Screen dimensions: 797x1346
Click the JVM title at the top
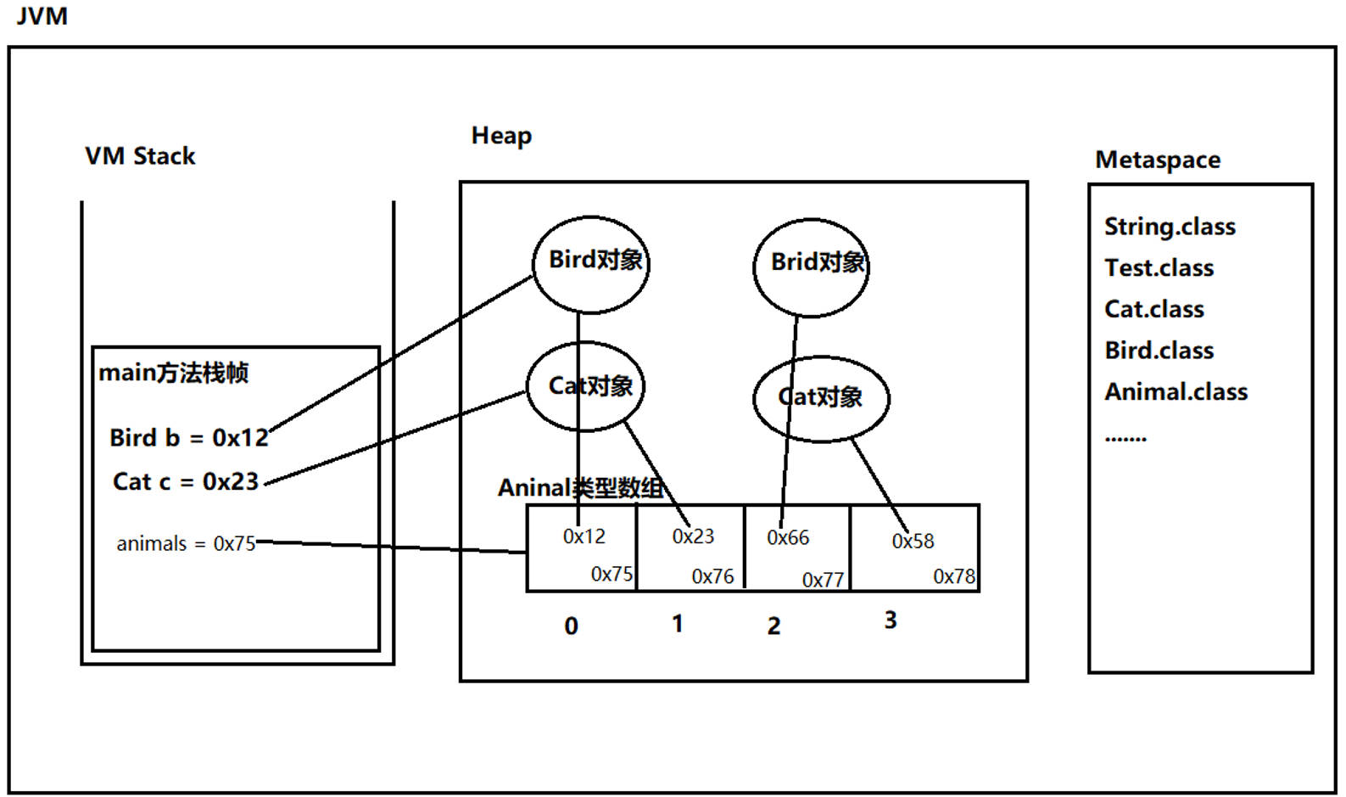42,15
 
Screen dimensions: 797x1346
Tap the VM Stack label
140,156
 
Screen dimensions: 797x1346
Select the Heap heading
501,136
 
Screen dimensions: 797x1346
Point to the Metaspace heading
1158,160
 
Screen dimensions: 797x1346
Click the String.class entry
1170,227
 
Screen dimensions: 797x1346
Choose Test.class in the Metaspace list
1159,268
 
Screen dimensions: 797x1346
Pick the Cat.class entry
1153,309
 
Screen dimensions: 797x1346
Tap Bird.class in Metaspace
1159,351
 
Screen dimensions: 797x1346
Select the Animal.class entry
1176,392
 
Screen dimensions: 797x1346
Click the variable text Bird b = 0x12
188,438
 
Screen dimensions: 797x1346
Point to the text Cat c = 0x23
185,482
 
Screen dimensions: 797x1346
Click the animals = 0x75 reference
186,544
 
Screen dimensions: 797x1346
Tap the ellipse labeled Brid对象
812,267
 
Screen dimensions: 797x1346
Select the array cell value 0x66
788,538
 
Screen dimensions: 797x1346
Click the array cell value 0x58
913,542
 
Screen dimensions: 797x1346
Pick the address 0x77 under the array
823,580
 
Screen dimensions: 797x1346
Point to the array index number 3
890,620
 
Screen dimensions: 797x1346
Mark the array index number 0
571,626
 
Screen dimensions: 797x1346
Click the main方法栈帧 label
173,373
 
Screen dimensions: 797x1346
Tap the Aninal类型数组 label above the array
580,488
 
